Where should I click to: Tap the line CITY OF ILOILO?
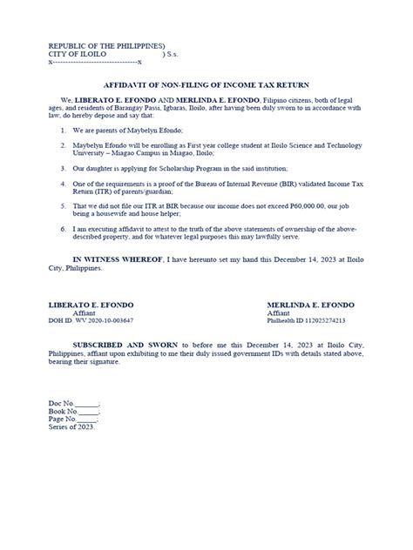[x=78, y=54]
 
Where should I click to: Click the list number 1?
[x=64, y=129]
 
